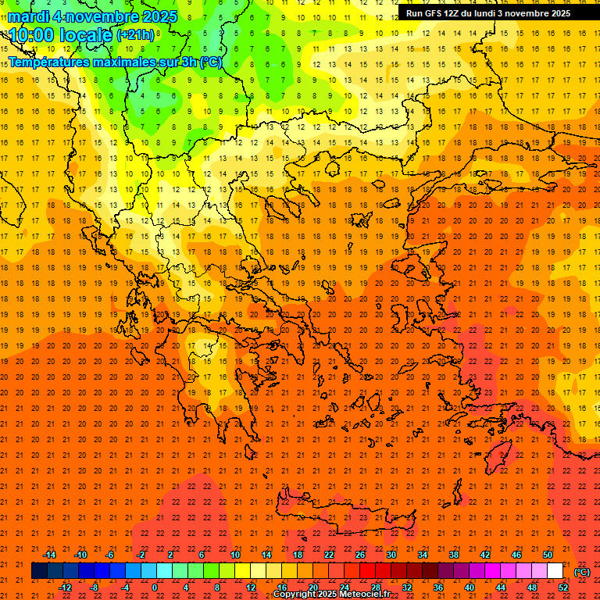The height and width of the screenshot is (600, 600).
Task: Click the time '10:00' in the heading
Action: (x=36, y=34)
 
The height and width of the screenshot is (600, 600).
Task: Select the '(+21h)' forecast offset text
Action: (x=135, y=35)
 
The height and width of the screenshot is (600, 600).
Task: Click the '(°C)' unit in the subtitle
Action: (x=211, y=62)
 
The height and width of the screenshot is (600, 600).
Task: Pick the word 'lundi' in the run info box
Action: (x=495, y=13)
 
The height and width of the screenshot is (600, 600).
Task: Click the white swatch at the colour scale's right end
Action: (x=555, y=571)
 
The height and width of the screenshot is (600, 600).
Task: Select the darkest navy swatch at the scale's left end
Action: (x=39, y=571)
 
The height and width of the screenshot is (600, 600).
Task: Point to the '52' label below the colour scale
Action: (x=562, y=587)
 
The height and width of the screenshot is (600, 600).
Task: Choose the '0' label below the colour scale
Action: (x=155, y=587)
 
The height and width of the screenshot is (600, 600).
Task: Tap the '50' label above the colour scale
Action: (x=548, y=555)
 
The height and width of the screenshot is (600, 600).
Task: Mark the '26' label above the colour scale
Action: (x=359, y=555)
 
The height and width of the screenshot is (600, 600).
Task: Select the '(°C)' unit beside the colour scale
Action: (x=582, y=572)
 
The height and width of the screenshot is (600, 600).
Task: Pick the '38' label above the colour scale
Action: (x=453, y=555)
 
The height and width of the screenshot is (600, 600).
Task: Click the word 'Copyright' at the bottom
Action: (x=295, y=595)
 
